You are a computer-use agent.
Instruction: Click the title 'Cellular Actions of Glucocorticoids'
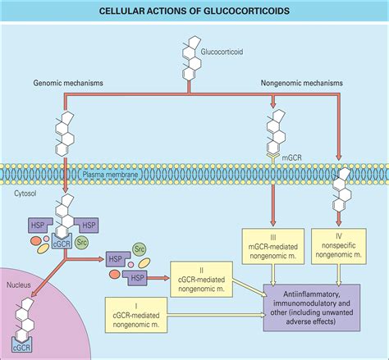(x=194, y=11)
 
